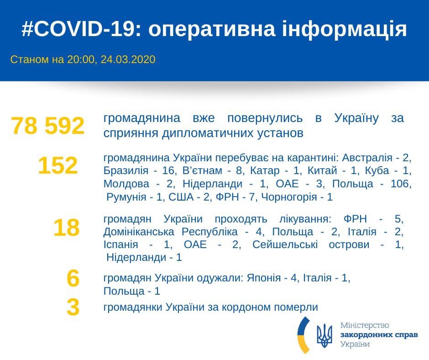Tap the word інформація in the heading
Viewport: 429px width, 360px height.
point(345,29)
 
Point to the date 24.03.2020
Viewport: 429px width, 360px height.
point(128,59)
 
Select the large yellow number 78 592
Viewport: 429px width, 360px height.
point(48,126)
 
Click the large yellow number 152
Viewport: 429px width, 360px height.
point(58,165)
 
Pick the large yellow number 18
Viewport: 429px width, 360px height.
point(67,228)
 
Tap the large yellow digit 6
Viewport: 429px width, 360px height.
point(73,278)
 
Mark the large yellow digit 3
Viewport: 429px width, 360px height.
point(73,307)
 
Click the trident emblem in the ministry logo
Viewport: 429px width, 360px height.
point(324,336)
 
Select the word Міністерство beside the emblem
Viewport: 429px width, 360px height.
point(365,325)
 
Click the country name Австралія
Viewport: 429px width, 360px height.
point(367,158)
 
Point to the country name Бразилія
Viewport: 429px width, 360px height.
point(126,171)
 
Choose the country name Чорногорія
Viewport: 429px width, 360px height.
point(289,197)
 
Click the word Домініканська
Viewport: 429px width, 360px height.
point(139,232)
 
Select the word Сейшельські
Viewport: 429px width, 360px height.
point(285,244)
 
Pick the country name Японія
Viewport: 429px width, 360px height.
point(264,278)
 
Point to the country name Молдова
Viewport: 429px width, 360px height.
point(126,184)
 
